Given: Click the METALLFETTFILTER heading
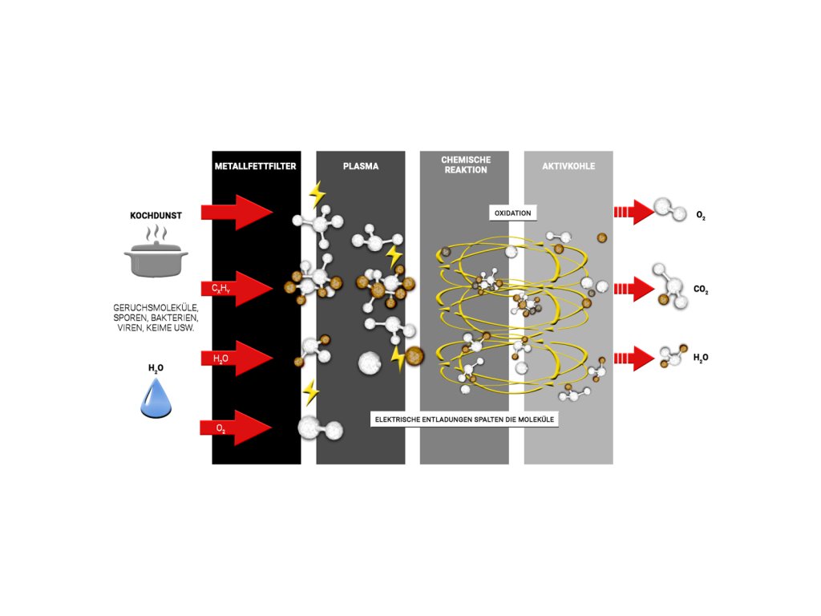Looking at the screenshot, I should [x=257, y=167].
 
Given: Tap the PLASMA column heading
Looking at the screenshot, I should [x=361, y=167].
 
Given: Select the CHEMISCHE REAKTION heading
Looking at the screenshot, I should [x=465, y=164].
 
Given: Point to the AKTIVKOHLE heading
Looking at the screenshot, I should [x=568, y=167].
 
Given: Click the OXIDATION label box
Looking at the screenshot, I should [x=512, y=213].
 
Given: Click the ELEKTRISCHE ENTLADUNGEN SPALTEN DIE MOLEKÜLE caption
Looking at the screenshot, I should [x=465, y=419].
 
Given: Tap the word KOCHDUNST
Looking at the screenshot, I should [x=156, y=216].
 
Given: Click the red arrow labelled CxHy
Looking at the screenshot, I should [x=237, y=288].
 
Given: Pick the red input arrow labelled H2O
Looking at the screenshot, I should [x=237, y=358].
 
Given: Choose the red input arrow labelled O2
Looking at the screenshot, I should [x=237, y=428].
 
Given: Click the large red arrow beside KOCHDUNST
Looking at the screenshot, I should [x=237, y=212].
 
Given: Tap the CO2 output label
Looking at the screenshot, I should [x=701, y=289].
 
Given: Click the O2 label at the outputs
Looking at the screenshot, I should [x=701, y=217].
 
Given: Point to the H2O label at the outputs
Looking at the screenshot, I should [x=701, y=358].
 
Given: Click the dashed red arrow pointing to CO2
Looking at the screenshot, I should [x=634, y=289].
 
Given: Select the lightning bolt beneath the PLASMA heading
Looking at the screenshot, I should [x=317, y=194].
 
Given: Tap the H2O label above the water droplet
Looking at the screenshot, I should [x=156, y=368].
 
